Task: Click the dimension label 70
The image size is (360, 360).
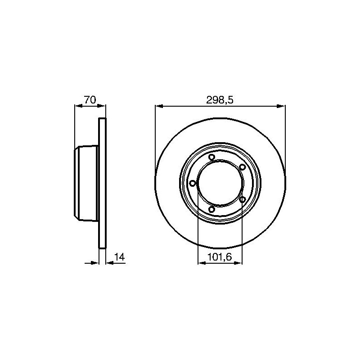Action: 90,100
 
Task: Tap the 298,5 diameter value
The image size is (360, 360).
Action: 220,100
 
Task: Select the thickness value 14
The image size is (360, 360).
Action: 120,257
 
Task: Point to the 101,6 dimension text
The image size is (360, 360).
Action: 220,257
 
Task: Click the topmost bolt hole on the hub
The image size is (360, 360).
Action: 211,157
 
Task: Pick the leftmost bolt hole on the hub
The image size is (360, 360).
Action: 193,183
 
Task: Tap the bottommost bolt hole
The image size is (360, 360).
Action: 211,209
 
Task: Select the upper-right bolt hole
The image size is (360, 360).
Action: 242,167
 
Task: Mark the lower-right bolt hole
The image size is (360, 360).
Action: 243,199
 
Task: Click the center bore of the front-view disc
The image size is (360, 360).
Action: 220,183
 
